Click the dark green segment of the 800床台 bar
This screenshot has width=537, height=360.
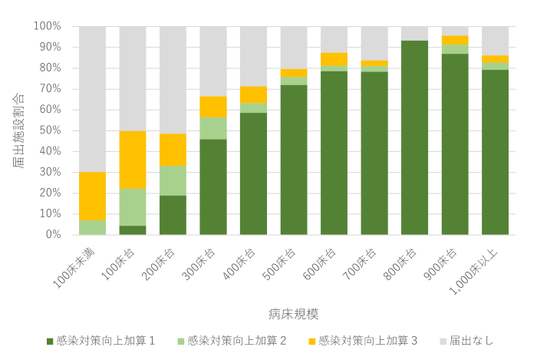(x=414, y=137)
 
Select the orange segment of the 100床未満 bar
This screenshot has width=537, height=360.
(x=92, y=196)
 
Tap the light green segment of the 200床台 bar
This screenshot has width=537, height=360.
(x=173, y=180)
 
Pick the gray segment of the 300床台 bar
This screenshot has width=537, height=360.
(x=213, y=61)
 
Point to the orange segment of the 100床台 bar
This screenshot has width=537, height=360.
(x=133, y=160)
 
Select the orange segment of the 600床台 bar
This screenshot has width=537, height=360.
(x=334, y=59)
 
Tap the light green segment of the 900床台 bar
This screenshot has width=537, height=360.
(x=455, y=49)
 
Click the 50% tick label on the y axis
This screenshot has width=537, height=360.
(x=50, y=130)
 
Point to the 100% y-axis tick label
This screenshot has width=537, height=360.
(x=48, y=26)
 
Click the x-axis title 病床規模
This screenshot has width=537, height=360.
(x=293, y=313)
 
